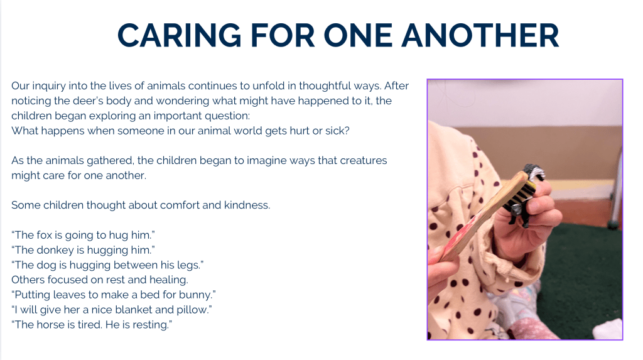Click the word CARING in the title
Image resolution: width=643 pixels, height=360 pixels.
[179, 35]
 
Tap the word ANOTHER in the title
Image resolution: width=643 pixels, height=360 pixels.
[480, 35]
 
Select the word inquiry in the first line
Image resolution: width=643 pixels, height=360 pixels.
[49, 86]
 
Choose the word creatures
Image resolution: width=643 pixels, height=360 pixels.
[362, 160]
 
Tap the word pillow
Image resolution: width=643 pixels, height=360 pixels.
[194, 310]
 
